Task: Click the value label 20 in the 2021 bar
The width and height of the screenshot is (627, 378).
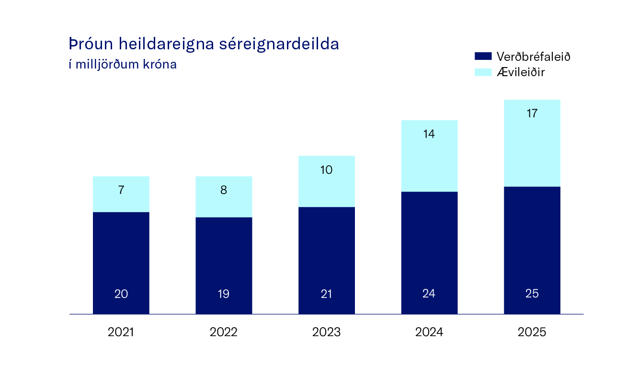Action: [121, 294]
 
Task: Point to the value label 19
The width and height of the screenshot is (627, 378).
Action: [224, 294]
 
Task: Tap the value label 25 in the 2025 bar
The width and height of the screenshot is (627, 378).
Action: [532, 294]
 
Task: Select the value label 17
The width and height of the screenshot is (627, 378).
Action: [532, 114]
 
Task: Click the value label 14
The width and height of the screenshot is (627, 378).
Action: [429, 134]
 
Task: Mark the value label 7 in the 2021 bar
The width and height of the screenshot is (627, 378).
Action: [121, 190]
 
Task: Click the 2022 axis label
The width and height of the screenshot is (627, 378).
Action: [224, 332]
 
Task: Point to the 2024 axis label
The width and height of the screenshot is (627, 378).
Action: [429, 332]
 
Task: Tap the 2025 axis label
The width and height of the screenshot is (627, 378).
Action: [532, 332]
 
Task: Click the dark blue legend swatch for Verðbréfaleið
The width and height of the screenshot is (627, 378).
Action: [483, 57]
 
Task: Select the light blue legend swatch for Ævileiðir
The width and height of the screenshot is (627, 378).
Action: [483, 72]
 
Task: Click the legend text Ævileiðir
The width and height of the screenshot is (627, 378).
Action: [521, 72]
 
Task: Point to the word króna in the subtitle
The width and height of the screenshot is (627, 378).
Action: [160, 65]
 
